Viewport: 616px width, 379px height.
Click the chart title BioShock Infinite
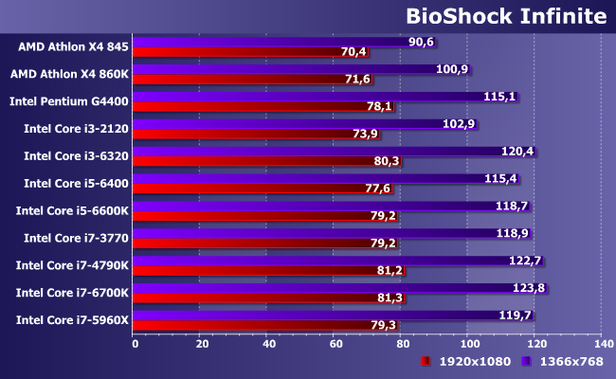505,16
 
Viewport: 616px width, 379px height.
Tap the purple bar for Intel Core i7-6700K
322,288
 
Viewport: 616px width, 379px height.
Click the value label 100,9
452,69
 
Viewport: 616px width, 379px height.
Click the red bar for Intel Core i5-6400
251,189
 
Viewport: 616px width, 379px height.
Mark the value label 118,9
512,233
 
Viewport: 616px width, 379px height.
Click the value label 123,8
529,288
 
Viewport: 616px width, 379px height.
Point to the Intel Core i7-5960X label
72,320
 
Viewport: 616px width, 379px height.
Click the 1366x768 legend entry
566,361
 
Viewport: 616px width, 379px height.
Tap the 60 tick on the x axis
335,344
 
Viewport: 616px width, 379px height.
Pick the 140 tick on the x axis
601,344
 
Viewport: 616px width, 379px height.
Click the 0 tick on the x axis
135,344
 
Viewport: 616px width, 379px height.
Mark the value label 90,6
421,42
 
